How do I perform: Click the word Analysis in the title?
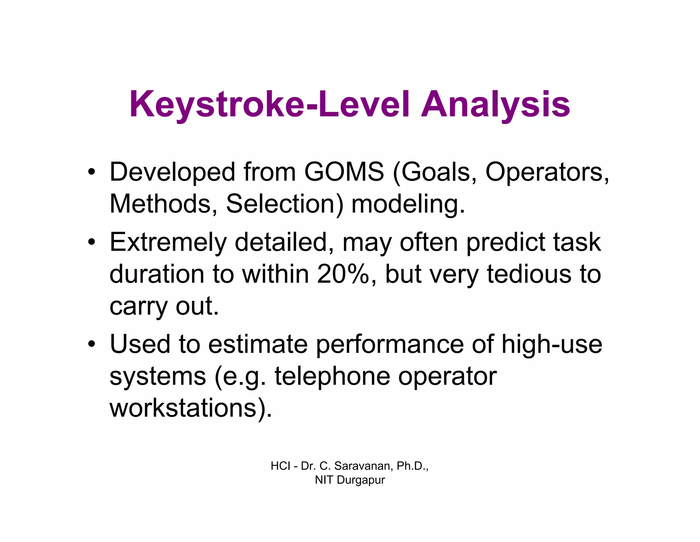tap(495, 105)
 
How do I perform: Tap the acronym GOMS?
tap(344, 172)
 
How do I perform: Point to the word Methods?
tap(163, 204)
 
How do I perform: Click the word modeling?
tap(408, 204)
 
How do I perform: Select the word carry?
tap(138, 307)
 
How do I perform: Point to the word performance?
tap(389, 344)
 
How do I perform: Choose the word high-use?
tap(551, 344)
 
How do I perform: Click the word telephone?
tap(332, 376)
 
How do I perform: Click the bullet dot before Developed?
tap(91, 172)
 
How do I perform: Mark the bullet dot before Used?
tap(91, 344)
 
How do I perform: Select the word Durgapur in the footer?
tap(360, 480)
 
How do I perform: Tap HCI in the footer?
tap(280, 466)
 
